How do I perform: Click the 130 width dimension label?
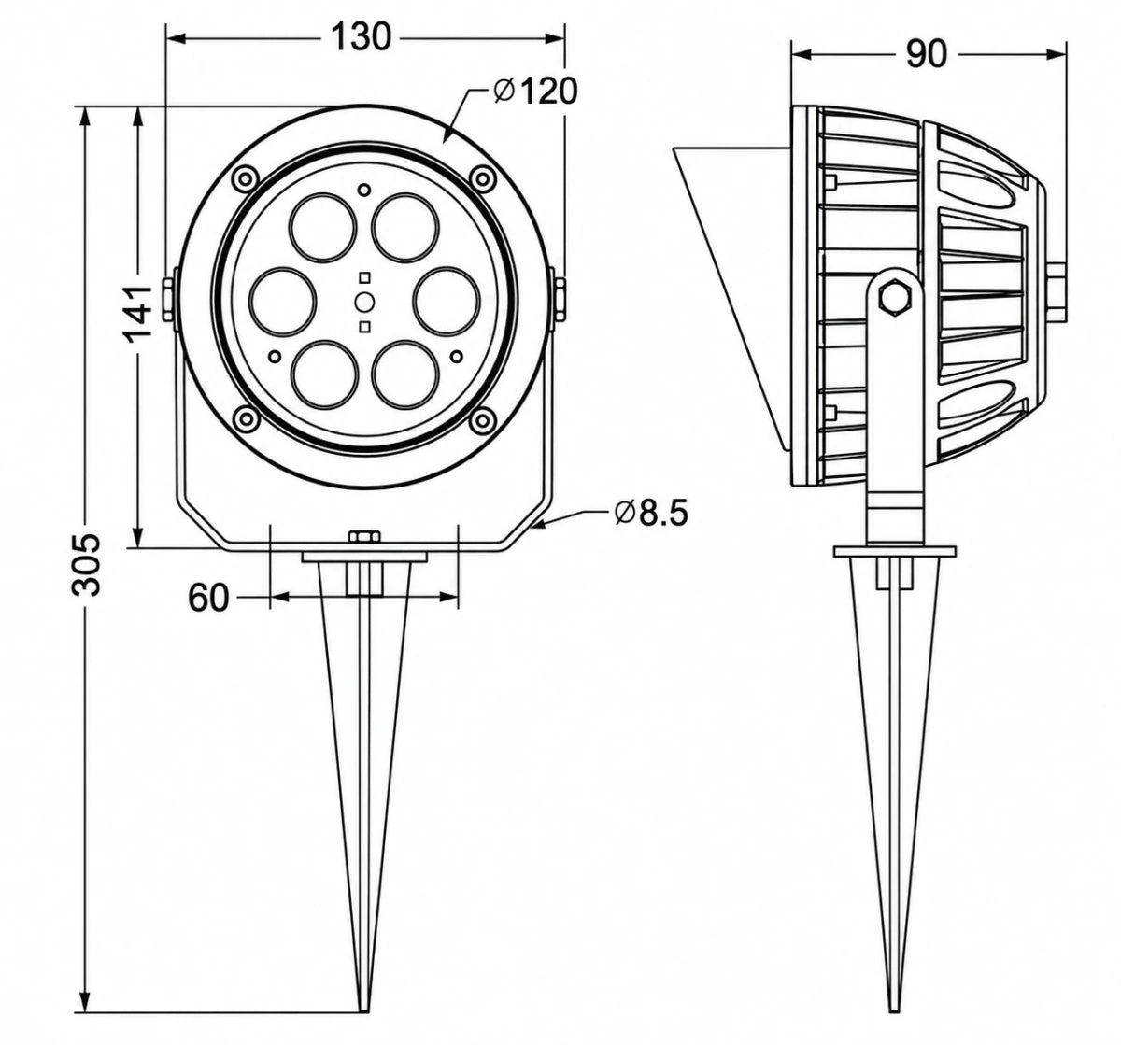[x=360, y=38]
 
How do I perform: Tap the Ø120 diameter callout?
[x=535, y=91]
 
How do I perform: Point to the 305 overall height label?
[x=85, y=564]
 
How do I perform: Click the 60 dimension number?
[x=208, y=598]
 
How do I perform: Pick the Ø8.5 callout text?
[x=651, y=513]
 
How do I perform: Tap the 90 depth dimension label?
[x=926, y=54]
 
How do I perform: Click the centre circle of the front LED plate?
[x=364, y=302]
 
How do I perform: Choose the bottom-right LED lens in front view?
[x=406, y=374]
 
